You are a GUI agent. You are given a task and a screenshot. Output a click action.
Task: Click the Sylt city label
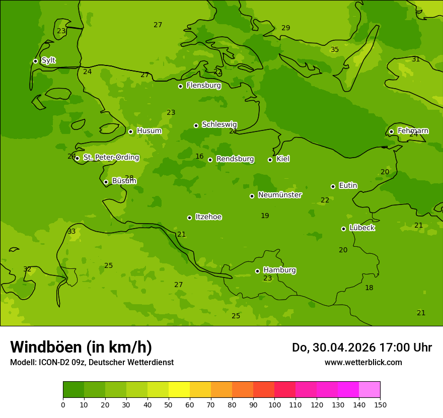pyautogui.click(x=48, y=60)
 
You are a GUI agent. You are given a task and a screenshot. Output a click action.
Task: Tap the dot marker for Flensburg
pyautogui.click(x=180, y=86)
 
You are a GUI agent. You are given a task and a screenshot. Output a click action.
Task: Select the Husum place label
pyautogui.click(x=149, y=131)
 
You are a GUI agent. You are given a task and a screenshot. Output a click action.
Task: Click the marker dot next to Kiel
pyautogui.click(x=270, y=160)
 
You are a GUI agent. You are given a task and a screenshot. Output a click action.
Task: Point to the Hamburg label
pyautogui.click(x=279, y=270)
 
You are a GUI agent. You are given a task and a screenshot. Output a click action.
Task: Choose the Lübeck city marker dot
pyautogui.click(x=343, y=229)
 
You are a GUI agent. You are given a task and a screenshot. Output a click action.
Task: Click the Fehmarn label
pyautogui.click(x=413, y=131)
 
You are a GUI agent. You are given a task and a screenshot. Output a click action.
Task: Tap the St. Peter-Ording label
pyautogui.click(x=111, y=158)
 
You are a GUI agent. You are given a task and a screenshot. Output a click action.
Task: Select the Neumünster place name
pyautogui.click(x=279, y=195)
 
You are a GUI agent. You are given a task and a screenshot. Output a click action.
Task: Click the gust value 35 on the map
pyautogui.click(x=335, y=49)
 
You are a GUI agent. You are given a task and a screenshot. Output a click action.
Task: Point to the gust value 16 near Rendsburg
pyautogui.click(x=199, y=156)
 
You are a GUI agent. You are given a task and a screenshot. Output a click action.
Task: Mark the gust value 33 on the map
pyautogui.click(x=71, y=231)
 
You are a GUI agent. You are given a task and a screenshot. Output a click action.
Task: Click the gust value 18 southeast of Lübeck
pyautogui.click(x=369, y=288)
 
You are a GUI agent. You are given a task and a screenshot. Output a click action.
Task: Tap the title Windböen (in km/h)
pyautogui.click(x=81, y=347)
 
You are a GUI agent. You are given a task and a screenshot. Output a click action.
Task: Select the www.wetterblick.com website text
pyautogui.click(x=363, y=362)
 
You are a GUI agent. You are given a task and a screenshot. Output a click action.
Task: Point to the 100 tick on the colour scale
pyautogui.click(x=274, y=404)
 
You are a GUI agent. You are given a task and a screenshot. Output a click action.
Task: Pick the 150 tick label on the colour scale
pyautogui.click(x=380, y=404)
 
